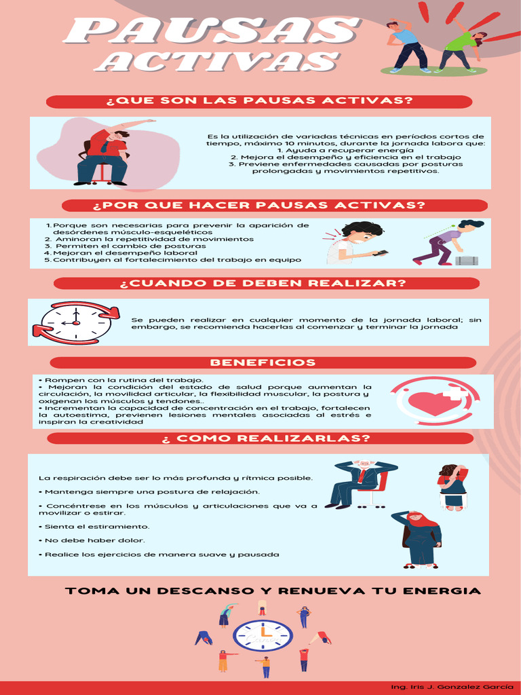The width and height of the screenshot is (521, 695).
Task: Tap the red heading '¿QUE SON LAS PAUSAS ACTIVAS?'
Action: click(x=259, y=102)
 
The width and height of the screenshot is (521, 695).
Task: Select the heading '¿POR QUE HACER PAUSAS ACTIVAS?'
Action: click(x=275, y=206)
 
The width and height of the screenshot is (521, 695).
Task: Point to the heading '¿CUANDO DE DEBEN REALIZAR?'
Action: click(x=263, y=283)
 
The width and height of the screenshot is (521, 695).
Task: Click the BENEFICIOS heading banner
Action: click(x=262, y=362)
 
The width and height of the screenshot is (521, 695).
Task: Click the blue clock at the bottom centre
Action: click(x=263, y=636)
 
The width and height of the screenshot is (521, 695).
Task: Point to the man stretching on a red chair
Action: click(x=105, y=155)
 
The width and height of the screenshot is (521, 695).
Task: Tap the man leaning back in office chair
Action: click(x=360, y=483)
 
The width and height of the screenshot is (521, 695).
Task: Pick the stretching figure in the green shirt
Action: click(x=461, y=48)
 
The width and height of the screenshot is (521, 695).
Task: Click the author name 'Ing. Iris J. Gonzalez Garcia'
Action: click(x=448, y=687)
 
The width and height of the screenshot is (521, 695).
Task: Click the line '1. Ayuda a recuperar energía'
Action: click(x=346, y=150)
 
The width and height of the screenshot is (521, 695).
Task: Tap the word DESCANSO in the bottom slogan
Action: click(x=191, y=591)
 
